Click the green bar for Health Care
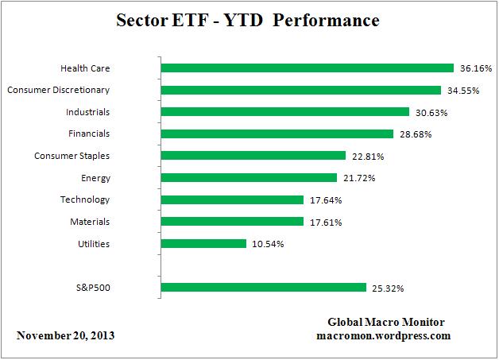point(307,68)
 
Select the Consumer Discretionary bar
point(300,91)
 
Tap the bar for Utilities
point(203,244)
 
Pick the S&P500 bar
point(263,288)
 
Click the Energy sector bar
point(249,178)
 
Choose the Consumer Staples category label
point(72,156)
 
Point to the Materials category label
point(89,222)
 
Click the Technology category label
point(85,199)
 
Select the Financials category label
point(89,134)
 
